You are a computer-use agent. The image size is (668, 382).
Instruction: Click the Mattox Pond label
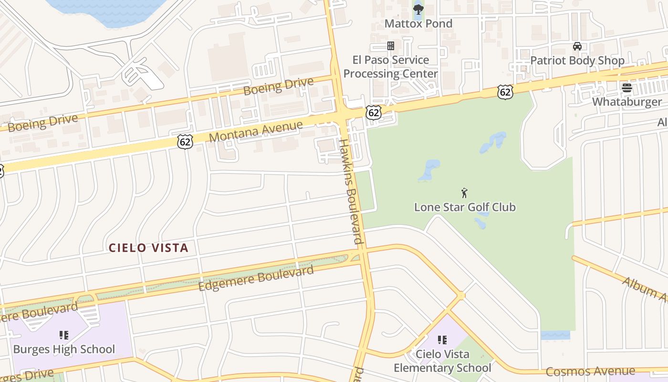418,23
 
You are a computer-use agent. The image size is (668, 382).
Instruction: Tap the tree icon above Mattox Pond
418,9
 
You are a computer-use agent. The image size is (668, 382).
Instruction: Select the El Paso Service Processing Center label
390,67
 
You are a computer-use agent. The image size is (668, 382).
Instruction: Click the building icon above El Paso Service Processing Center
390,46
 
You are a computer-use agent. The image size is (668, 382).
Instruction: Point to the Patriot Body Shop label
577,61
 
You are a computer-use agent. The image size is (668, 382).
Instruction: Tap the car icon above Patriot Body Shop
577,46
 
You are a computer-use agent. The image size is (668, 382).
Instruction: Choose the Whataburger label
627,102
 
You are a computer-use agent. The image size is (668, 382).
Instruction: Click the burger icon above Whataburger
626,88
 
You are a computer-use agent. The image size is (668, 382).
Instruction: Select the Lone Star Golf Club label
465,207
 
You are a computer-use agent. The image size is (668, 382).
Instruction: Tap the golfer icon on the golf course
464,193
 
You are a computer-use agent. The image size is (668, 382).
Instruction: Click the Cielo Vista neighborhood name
148,248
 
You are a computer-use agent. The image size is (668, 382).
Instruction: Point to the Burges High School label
64,350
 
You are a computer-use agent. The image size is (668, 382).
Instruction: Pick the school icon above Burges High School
64,335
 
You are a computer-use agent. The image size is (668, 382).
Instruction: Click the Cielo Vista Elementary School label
442,361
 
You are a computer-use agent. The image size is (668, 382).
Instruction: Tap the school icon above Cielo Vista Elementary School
442,340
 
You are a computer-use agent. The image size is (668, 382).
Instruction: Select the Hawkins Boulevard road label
351,191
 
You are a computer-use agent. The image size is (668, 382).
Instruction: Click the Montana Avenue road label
256,131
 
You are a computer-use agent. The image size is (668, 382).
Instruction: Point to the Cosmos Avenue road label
590,371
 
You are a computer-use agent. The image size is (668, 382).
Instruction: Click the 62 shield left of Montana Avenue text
185,141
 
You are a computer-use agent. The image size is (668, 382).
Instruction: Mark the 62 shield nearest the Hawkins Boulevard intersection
374,113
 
